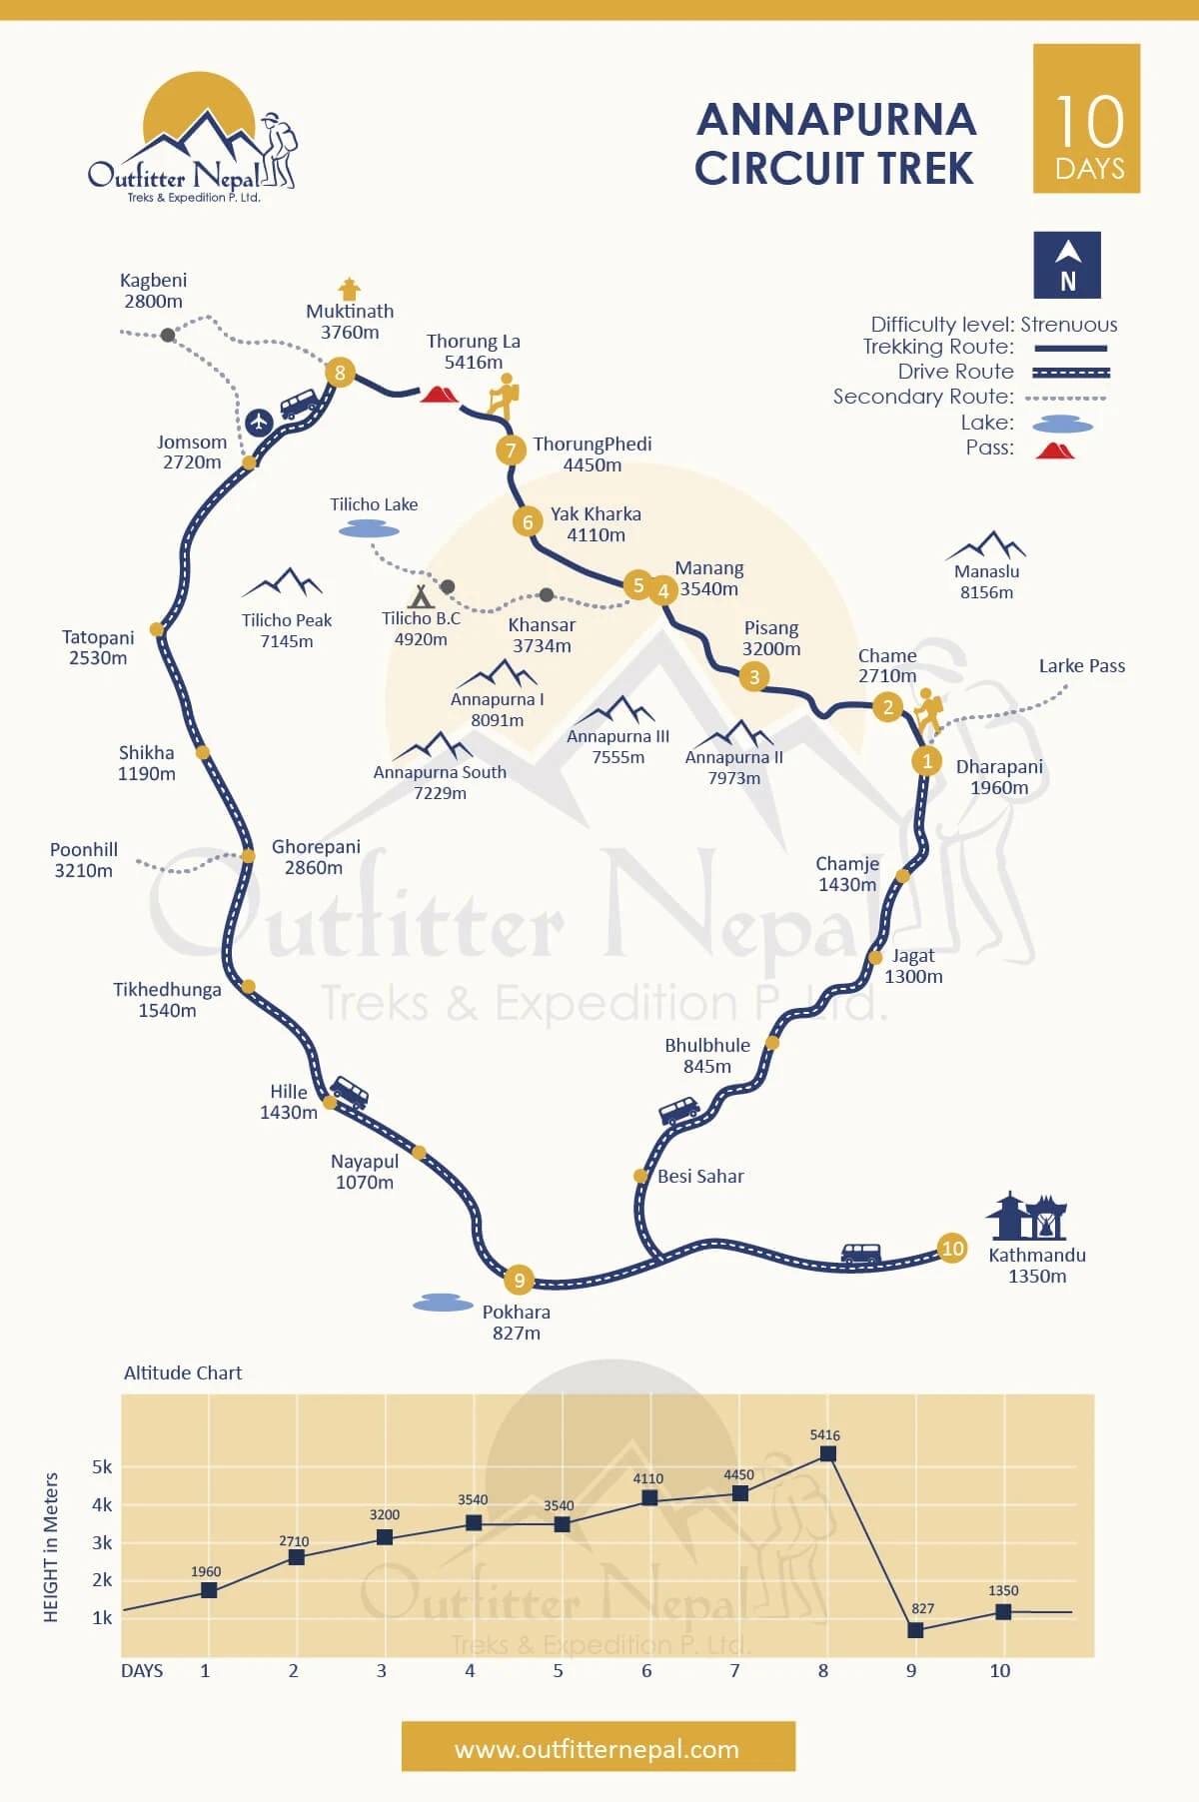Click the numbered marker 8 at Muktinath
pyautogui.click(x=340, y=373)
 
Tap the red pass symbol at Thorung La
pyautogui.click(x=439, y=394)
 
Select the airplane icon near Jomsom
pyautogui.click(x=259, y=422)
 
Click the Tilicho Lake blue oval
pyautogui.click(x=369, y=530)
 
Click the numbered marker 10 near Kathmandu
pyautogui.click(x=952, y=1248)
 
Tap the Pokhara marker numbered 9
pyautogui.click(x=519, y=1280)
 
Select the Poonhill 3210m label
pyautogui.click(x=84, y=860)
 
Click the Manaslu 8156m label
pyautogui.click(x=986, y=581)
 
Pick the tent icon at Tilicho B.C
pyautogui.click(x=421, y=597)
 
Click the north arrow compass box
pyautogui.click(x=1067, y=265)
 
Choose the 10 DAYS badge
pyautogui.click(x=1086, y=119)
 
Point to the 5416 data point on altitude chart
pyautogui.click(x=827, y=1453)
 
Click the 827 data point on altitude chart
pyautogui.click(x=915, y=1629)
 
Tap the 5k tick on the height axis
pyautogui.click(x=102, y=1467)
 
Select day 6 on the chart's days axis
pyautogui.click(x=646, y=1670)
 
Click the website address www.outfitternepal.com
pyautogui.click(x=598, y=1749)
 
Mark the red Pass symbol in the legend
pyautogui.click(x=1054, y=450)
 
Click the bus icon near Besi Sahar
pyautogui.click(x=678, y=1111)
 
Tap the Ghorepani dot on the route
pyautogui.click(x=248, y=856)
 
